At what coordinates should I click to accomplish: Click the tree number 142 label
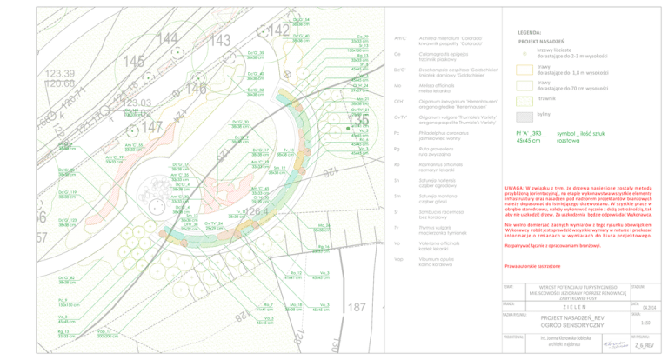point(278,31)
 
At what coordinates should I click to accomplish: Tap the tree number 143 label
point(220,41)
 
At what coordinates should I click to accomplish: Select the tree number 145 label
point(134,62)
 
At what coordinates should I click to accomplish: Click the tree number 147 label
point(152,127)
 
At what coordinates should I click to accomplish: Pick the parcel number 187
point(357,308)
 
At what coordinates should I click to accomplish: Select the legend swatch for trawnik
point(524,99)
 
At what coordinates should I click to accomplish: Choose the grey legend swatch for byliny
point(524,115)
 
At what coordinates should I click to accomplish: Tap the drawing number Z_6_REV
point(645,345)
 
